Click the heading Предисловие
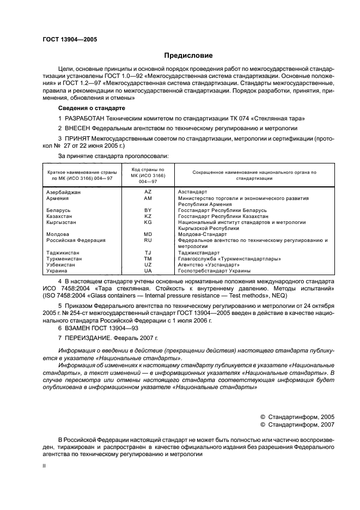coord(188,56)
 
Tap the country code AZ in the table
coord(148,192)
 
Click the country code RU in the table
coord(148,240)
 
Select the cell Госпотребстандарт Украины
coord(214,271)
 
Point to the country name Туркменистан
coord(63,259)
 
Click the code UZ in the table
coord(148,265)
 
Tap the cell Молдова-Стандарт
coord(202,234)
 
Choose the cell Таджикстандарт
coord(199,253)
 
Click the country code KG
coord(148,222)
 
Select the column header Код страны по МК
coord(148,175)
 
